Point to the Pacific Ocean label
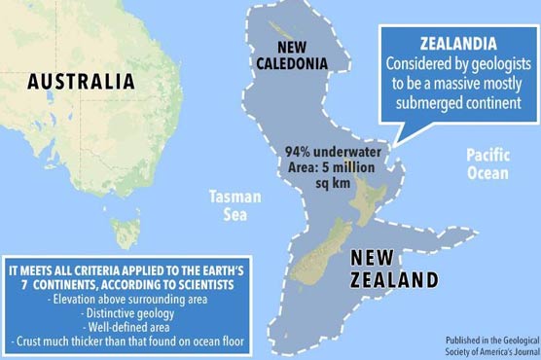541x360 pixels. [x=487, y=163]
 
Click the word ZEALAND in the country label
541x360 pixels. [x=392, y=281]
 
